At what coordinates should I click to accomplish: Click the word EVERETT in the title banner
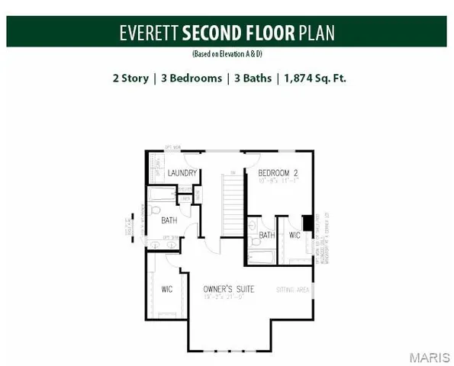coord(148,34)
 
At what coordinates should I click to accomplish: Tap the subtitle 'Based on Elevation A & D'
coord(227,55)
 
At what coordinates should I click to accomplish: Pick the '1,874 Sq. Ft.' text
coord(314,77)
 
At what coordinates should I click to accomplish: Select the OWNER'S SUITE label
coord(228,289)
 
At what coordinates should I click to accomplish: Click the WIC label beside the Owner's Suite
coord(168,290)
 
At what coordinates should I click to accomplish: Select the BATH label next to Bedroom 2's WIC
coord(266,236)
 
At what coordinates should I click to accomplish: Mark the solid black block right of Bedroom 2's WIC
coord(307,223)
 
